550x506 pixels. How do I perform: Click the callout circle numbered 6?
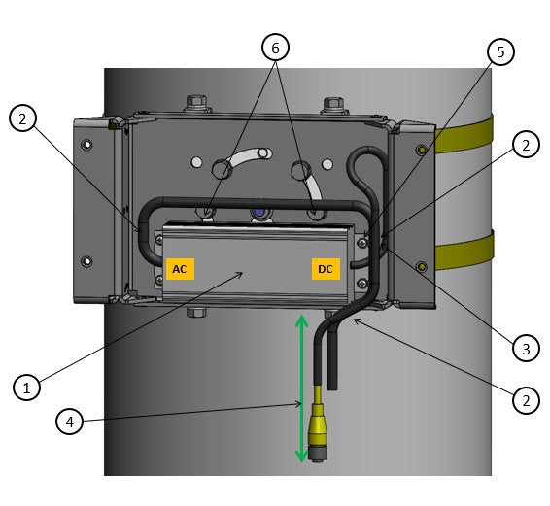pyautogui.click(x=275, y=48)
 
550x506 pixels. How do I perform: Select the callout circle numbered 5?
pyautogui.click(x=500, y=51)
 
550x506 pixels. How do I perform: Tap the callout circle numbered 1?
pyautogui.click(x=26, y=388)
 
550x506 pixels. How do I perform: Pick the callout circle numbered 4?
pyautogui.click(x=70, y=422)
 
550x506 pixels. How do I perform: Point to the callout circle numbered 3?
pyautogui.click(x=526, y=349)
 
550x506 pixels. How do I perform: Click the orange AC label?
pyautogui.click(x=180, y=269)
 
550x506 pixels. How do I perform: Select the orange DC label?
pyautogui.click(x=326, y=269)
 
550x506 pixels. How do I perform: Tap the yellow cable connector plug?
pyautogui.click(x=317, y=432)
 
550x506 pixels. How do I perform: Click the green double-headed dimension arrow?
pyautogui.click(x=301, y=388)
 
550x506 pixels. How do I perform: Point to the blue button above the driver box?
pyautogui.click(x=259, y=213)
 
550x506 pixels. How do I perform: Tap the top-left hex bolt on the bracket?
pyautogui.click(x=195, y=103)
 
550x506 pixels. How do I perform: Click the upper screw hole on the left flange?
pyautogui.click(x=86, y=144)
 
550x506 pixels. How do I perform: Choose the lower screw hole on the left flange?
pyautogui.click(x=86, y=261)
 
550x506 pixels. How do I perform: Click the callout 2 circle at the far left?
pyautogui.click(x=22, y=118)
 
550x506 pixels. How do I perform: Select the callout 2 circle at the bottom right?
pyautogui.click(x=526, y=400)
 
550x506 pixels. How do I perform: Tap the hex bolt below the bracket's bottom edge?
pyautogui.click(x=197, y=312)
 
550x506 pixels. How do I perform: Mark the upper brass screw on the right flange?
pyautogui.click(x=422, y=151)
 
